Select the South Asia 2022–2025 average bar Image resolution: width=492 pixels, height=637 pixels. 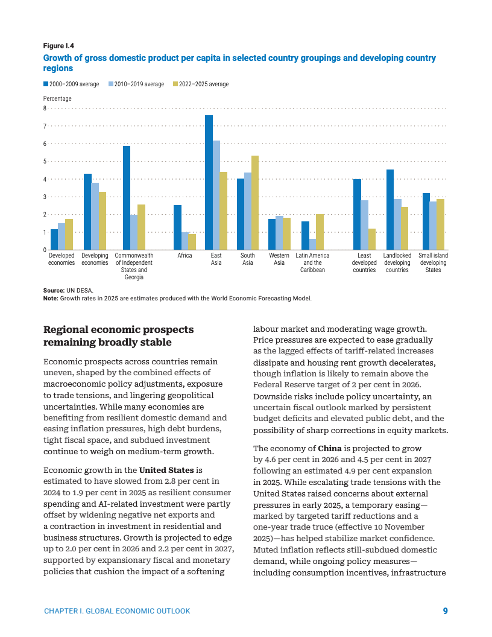[255, 203]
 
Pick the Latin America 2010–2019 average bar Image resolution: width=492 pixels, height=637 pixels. [312, 244]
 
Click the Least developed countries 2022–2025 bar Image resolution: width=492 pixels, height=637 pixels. [372, 239]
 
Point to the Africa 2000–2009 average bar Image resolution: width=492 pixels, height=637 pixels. [177, 227]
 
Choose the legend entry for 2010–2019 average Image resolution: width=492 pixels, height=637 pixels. [136, 84]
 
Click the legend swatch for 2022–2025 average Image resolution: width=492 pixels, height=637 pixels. [175, 84]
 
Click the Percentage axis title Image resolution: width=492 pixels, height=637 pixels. [57, 98]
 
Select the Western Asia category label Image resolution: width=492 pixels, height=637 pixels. [279, 259]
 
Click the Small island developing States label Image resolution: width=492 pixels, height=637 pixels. [433, 263]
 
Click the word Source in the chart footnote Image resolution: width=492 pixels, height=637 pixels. [53, 291]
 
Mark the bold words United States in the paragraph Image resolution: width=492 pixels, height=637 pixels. [166, 470]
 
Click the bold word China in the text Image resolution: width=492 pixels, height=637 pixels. [330, 449]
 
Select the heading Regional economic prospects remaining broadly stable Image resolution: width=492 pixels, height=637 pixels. [118, 336]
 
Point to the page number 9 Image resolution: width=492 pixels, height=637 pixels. [445, 611]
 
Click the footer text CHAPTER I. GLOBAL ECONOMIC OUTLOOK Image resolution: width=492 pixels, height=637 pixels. [117, 611]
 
